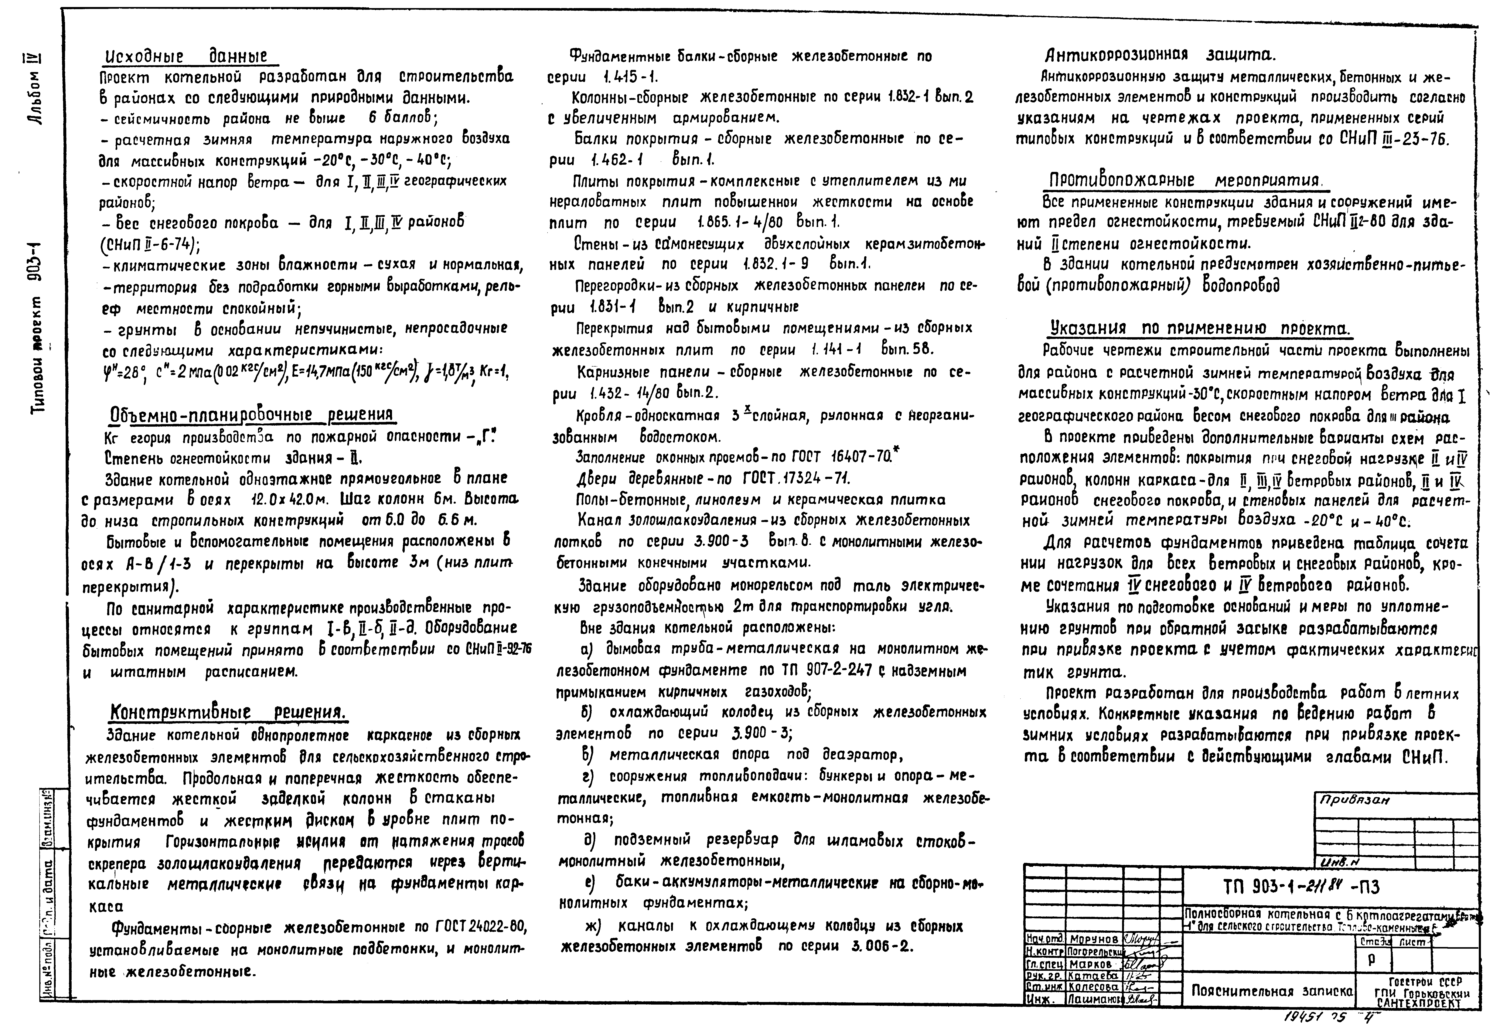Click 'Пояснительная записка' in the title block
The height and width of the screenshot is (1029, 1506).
[1271, 991]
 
